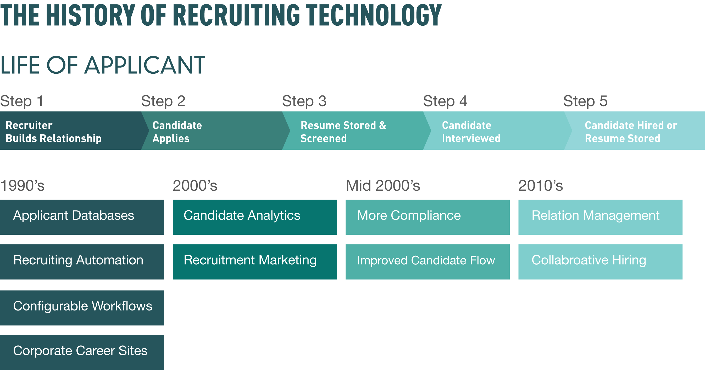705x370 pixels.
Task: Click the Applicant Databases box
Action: pyautogui.click(x=82, y=217)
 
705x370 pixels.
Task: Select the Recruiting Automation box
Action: pyautogui.click(x=82, y=262)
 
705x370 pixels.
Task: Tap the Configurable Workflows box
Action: pyautogui.click(x=82, y=308)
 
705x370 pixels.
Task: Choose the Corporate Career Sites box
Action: pyautogui.click(x=82, y=352)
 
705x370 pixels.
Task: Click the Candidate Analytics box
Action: pyautogui.click(x=255, y=217)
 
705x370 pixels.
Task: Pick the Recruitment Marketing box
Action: pyautogui.click(x=255, y=262)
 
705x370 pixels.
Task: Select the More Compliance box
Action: pyautogui.click(x=428, y=217)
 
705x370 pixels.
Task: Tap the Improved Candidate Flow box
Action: pyautogui.click(x=428, y=262)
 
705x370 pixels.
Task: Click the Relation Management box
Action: pyautogui.click(x=601, y=217)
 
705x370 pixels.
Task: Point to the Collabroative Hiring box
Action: pyautogui.click(x=601, y=262)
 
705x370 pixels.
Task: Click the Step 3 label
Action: pyautogui.click(x=304, y=101)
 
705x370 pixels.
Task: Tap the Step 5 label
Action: pyautogui.click(x=585, y=101)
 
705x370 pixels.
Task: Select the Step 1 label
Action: pyautogui.click(x=22, y=101)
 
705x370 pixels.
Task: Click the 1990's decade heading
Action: pyautogui.click(x=23, y=186)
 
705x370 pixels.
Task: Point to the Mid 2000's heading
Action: pyautogui.click(x=383, y=186)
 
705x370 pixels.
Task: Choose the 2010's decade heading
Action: pyautogui.click(x=541, y=186)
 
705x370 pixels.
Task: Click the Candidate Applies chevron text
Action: pyautogui.click(x=177, y=132)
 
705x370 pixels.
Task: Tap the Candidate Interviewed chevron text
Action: pyautogui.click(x=471, y=132)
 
